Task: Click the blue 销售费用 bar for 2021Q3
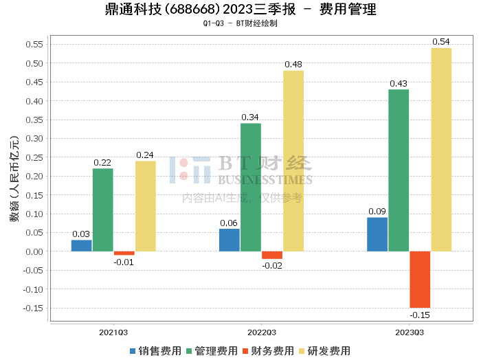(81, 245)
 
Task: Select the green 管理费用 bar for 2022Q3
(251, 187)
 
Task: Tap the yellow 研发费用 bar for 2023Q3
(441, 149)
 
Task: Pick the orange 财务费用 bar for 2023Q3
(420, 279)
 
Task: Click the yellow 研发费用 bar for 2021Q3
(146, 206)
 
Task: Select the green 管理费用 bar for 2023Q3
(399, 170)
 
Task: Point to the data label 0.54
(441, 42)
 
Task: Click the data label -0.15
(420, 315)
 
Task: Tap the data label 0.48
(293, 65)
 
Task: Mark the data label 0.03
(81, 234)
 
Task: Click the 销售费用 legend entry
(156, 351)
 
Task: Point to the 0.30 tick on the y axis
(34, 139)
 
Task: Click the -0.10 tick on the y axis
(32, 289)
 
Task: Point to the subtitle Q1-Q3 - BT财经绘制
(240, 23)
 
